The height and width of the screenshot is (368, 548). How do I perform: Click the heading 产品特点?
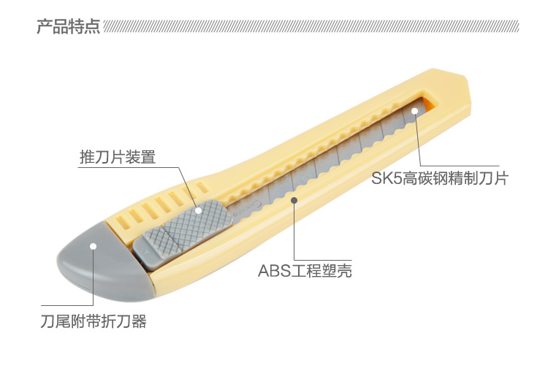[x=69, y=27]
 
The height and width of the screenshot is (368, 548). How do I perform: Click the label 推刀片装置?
[x=118, y=157]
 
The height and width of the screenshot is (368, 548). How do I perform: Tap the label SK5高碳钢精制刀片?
[x=439, y=177]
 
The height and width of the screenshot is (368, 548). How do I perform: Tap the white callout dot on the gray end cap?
[x=93, y=246]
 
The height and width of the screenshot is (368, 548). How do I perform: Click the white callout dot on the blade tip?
[x=414, y=112]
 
